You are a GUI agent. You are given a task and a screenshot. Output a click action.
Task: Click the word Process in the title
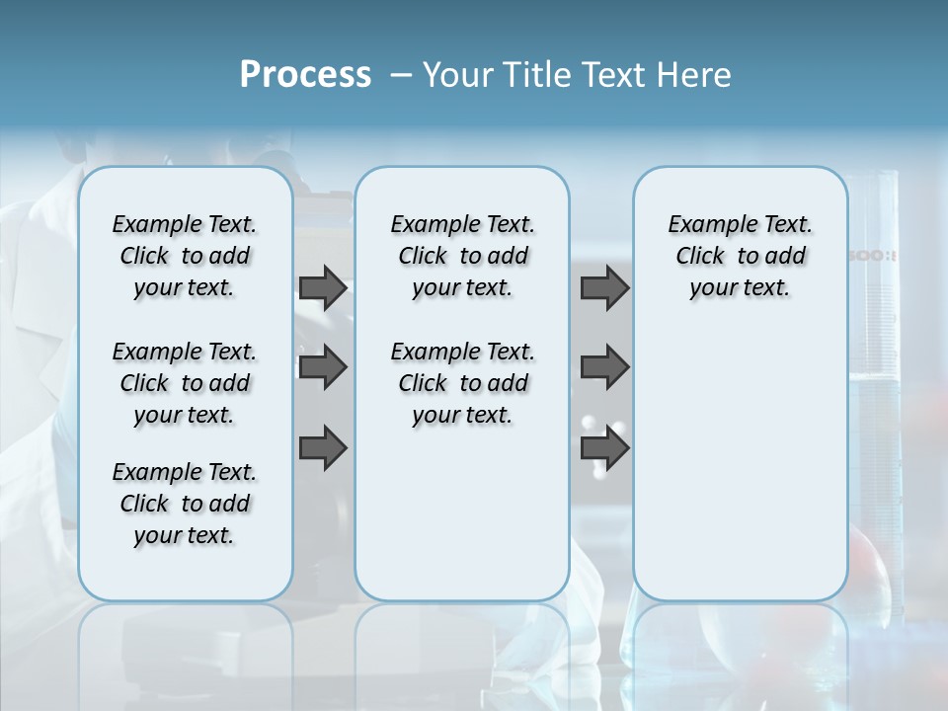305,74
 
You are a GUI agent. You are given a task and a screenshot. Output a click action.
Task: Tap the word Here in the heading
694,74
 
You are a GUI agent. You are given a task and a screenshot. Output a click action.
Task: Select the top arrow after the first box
323,287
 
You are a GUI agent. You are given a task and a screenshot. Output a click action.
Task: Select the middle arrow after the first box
323,367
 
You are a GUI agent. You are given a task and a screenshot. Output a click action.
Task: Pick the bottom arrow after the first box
323,448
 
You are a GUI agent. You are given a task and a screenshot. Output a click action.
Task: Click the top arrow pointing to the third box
604,287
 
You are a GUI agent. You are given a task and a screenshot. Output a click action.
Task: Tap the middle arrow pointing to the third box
604,367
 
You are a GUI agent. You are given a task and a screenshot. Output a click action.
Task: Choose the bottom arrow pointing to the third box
604,448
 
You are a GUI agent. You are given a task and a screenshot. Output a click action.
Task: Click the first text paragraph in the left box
185,256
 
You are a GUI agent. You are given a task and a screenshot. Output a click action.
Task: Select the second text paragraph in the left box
185,383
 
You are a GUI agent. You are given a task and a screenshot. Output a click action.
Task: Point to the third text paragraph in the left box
185,504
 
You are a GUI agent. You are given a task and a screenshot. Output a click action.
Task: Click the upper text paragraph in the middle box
462,256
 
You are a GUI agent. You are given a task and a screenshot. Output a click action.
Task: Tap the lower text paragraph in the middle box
462,383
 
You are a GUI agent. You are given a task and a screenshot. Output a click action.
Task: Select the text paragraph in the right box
740,256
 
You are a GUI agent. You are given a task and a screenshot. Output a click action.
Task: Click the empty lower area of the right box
740,464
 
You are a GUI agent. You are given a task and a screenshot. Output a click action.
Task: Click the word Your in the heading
458,74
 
